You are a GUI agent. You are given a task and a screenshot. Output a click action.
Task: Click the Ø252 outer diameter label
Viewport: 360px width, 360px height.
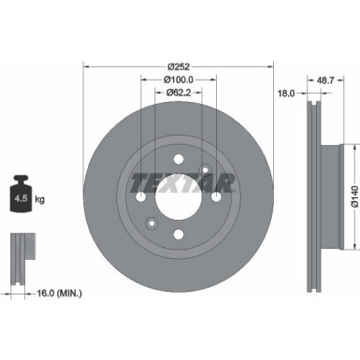point(180,66)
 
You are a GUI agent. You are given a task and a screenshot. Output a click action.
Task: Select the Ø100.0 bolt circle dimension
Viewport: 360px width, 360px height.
point(180,79)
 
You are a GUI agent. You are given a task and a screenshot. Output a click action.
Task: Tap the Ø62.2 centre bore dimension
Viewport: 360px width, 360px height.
point(180,93)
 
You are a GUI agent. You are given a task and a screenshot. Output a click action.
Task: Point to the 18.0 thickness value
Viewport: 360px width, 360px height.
point(287,93)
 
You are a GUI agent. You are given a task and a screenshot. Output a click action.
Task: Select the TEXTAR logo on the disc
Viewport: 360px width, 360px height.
point(178,180)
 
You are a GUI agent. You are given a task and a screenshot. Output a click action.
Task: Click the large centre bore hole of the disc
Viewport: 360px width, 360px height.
point(179,198)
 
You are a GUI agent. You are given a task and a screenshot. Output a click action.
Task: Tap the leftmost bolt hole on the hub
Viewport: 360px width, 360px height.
point(141,197)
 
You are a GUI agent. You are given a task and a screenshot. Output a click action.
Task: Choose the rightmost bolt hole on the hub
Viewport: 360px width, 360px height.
point(216,197)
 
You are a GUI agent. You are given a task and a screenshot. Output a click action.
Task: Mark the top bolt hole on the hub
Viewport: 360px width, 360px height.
point(179,161)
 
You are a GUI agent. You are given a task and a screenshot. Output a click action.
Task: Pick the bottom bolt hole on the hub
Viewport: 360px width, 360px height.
point(179,235)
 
